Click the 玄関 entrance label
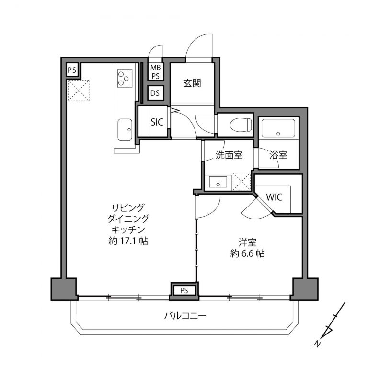192,83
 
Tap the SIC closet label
157,122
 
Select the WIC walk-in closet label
274,197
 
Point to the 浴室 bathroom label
278,155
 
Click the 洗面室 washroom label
229,155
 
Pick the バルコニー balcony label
185,316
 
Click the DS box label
155,93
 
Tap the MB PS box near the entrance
156,72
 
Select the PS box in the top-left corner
72,70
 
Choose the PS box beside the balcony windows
184,290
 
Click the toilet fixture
241,125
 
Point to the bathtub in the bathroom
278,128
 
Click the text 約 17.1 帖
128,241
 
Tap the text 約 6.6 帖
247,253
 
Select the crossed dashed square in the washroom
242,181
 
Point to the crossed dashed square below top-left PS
79,91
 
